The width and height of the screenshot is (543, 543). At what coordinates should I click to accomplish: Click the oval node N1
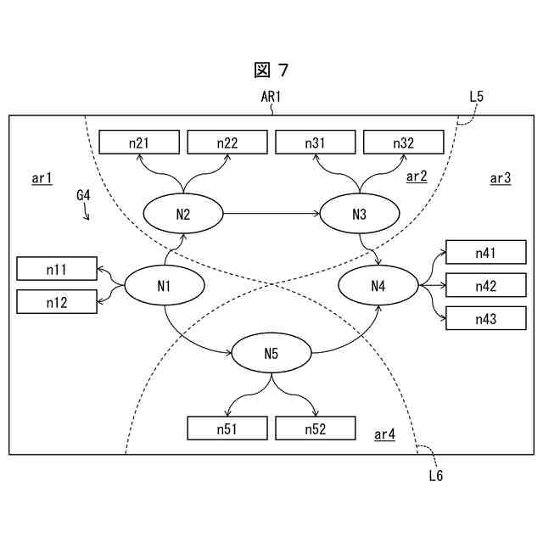coord(165,286)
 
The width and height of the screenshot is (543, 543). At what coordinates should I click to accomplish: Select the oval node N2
coord(183,214)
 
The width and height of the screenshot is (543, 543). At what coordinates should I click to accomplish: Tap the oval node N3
coord(358,214)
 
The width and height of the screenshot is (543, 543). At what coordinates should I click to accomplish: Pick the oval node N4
coord(378,286)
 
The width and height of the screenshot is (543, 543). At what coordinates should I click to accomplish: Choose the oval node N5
coord(271,354)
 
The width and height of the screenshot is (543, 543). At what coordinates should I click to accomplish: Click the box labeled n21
coord(139,143)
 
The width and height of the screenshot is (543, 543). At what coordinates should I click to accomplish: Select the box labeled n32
coord(403,143)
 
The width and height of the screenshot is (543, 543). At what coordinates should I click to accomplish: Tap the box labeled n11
coord(57,270)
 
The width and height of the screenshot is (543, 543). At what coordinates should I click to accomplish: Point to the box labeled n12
coord(57,301)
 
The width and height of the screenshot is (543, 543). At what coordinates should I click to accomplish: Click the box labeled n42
coord(485,286)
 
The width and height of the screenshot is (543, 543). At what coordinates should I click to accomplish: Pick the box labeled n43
coord(485,318)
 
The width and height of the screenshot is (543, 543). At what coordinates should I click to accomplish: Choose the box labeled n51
coord(227,429)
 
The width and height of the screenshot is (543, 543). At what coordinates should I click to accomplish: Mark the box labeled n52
coord(315,429)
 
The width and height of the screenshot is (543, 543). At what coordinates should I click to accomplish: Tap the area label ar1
coord(42,178)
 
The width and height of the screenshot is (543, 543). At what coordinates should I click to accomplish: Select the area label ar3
coord(501,178)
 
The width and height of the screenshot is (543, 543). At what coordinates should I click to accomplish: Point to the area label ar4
coord(384,435)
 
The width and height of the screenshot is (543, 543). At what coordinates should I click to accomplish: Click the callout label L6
coord(435,476)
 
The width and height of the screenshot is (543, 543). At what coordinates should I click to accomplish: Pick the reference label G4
coord(83,195)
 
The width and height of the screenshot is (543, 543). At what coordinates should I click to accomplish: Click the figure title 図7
coord(271,70)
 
